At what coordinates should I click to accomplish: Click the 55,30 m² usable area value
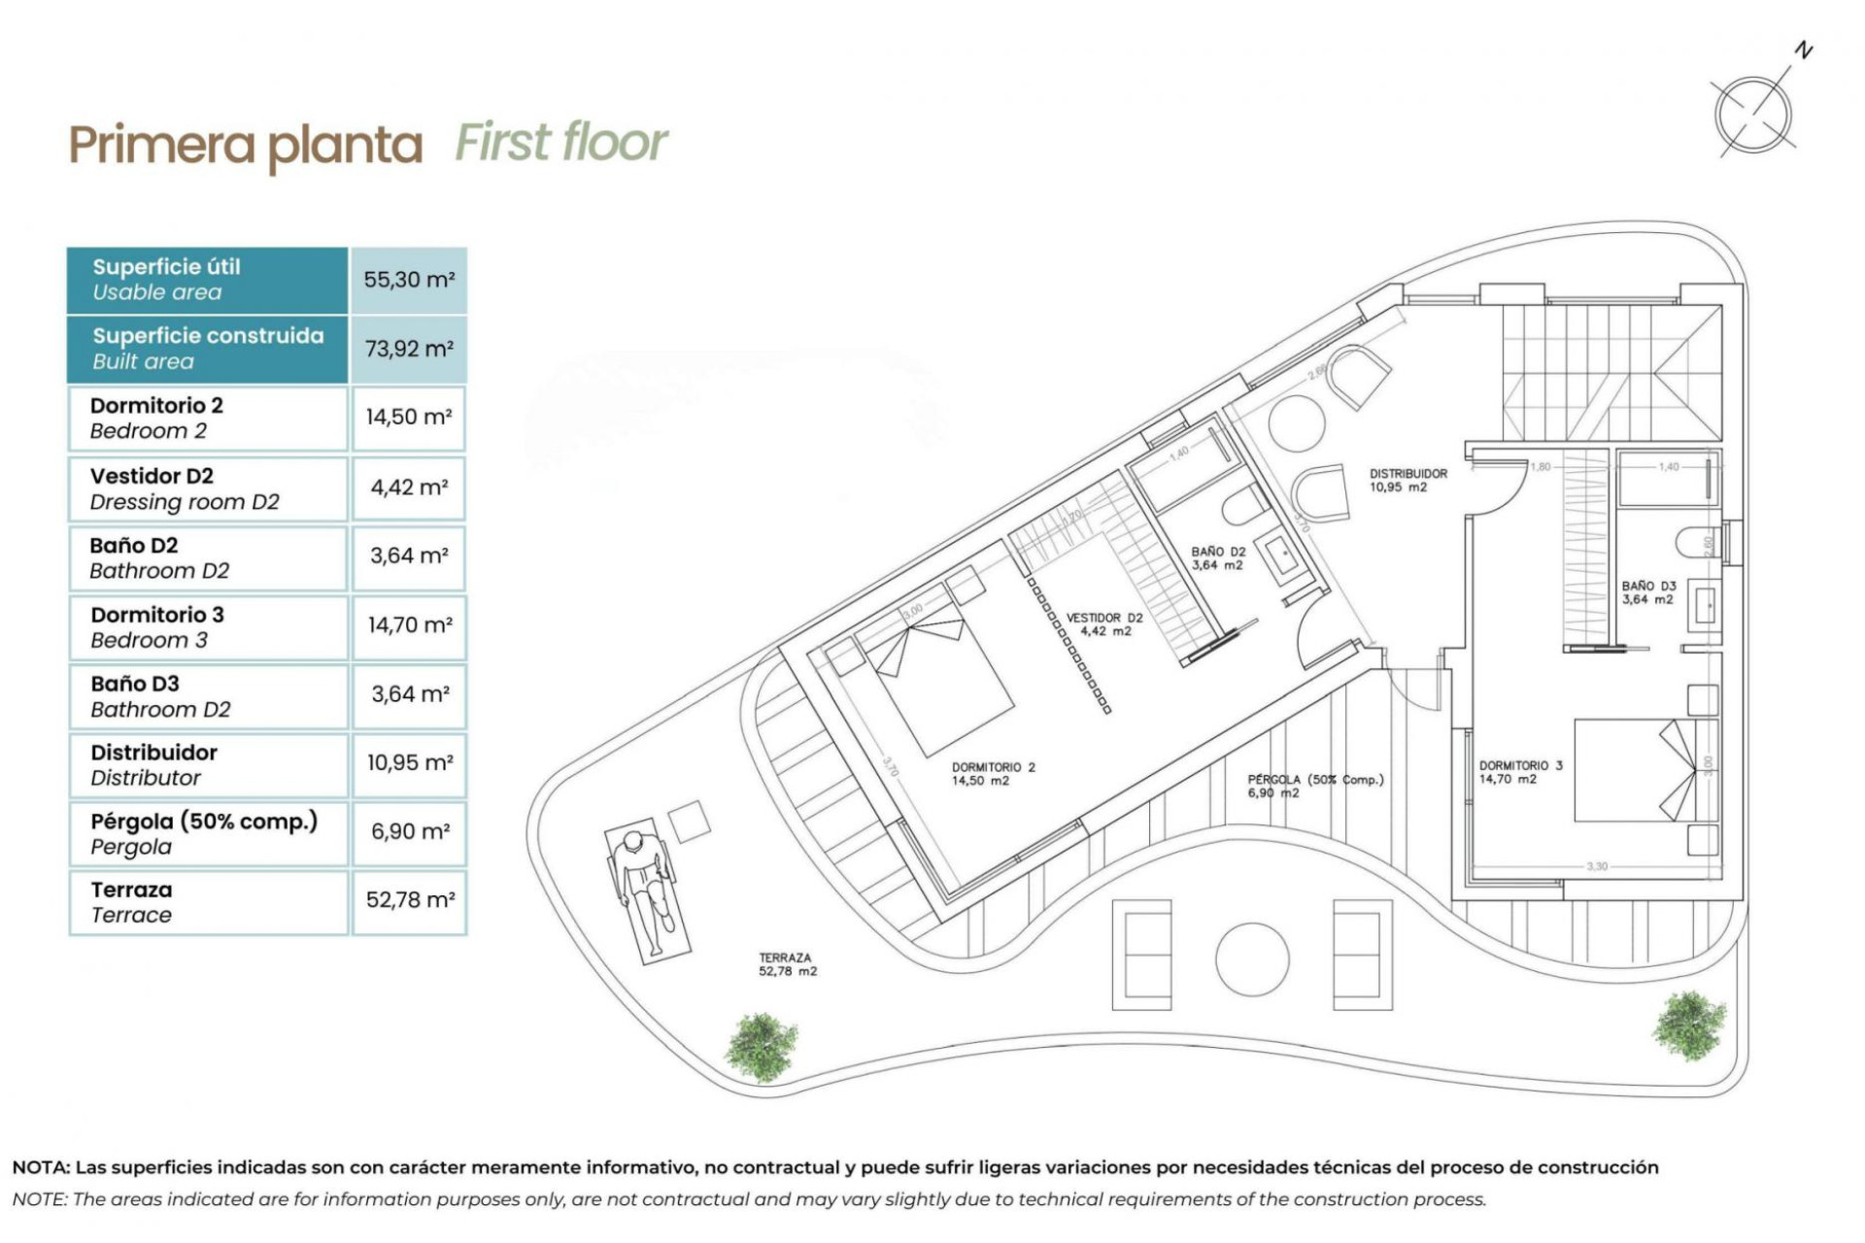[x=409, y=280]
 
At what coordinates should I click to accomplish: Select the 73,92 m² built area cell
[x=409, y=349]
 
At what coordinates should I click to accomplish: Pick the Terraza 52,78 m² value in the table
[x=409, y=900]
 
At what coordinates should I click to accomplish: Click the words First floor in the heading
[x=560, y=143]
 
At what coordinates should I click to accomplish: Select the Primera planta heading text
[x=246, y=146]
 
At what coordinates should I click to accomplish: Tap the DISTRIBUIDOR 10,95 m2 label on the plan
[x=1407, y=481]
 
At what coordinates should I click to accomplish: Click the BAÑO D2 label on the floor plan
[x=1217, y=557]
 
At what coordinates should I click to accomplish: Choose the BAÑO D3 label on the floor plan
[x=1648, y=592]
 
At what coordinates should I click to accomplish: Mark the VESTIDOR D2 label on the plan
[x=1104, y=623]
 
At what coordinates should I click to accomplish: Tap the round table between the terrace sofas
[x=1252, y=958]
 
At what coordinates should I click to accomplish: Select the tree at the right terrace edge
[x=1689, y=1025]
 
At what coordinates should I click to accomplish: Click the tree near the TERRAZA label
[x=762, y=1047]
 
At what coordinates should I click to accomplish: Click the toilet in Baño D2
[x=1242, y=505]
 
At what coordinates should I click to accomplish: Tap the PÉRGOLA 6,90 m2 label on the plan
[x=1314, y=786]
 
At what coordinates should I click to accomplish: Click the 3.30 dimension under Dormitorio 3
[x=1597, y=866]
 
